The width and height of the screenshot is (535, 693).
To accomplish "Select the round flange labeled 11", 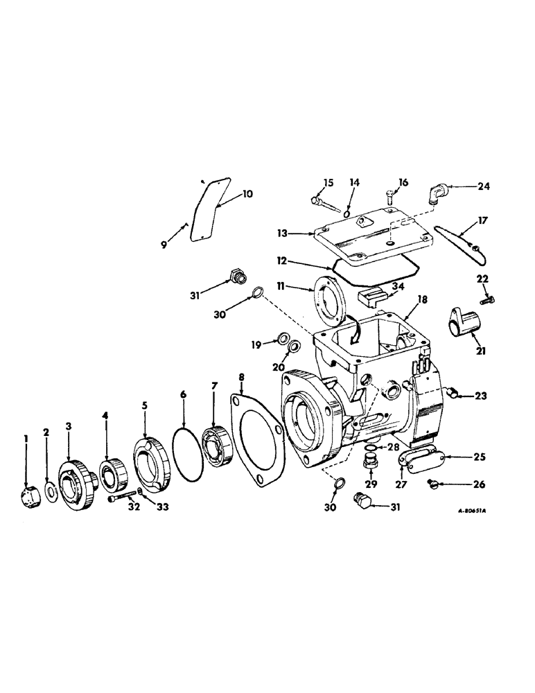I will [328, 297].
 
